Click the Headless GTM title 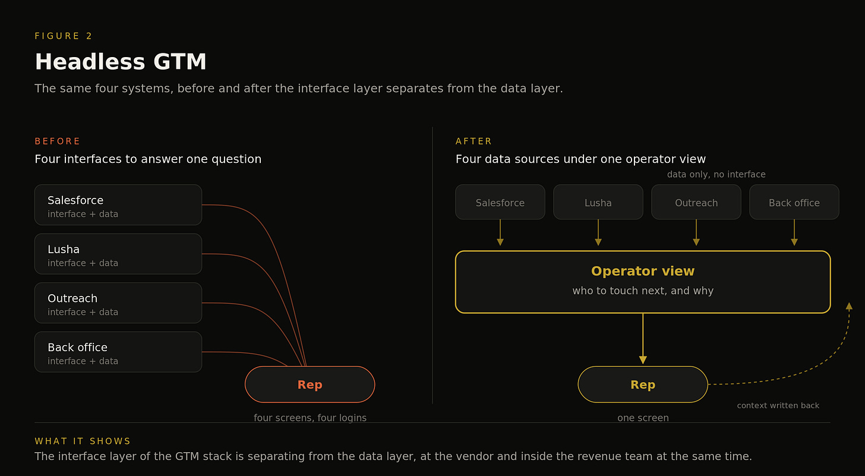[121, 62]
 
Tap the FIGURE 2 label [64, 36]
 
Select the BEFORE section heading [58, 141]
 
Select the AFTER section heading [473, 141]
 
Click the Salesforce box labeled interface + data [118, 205]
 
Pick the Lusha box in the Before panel [118, 254]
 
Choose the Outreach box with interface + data [118, 303]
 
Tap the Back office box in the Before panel [118, 352]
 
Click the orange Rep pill [310, 384]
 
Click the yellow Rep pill [643, 384]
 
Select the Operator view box [643, 282]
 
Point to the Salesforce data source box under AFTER [500, 202]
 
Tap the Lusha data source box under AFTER [598, 202]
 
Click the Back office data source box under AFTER [794, 202]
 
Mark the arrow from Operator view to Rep [643, 339]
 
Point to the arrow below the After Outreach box [696, 232]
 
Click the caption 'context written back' [778, 406]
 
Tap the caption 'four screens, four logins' [310, 418]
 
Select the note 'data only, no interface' [716, 174]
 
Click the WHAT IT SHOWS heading [83, 441]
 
